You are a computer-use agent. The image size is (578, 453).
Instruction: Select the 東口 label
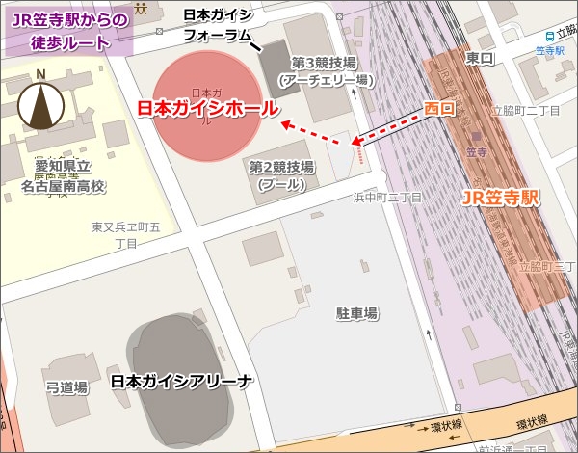coord(479,59)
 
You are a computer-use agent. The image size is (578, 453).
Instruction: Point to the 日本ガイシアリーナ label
coord(182,382)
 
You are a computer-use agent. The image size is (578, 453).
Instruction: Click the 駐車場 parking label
coord(356,313)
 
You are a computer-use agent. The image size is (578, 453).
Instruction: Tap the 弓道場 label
coord(67,387)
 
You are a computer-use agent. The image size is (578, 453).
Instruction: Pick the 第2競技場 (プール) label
coord(281,174)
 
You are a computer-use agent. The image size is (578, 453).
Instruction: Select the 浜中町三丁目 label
coord(387,198)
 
